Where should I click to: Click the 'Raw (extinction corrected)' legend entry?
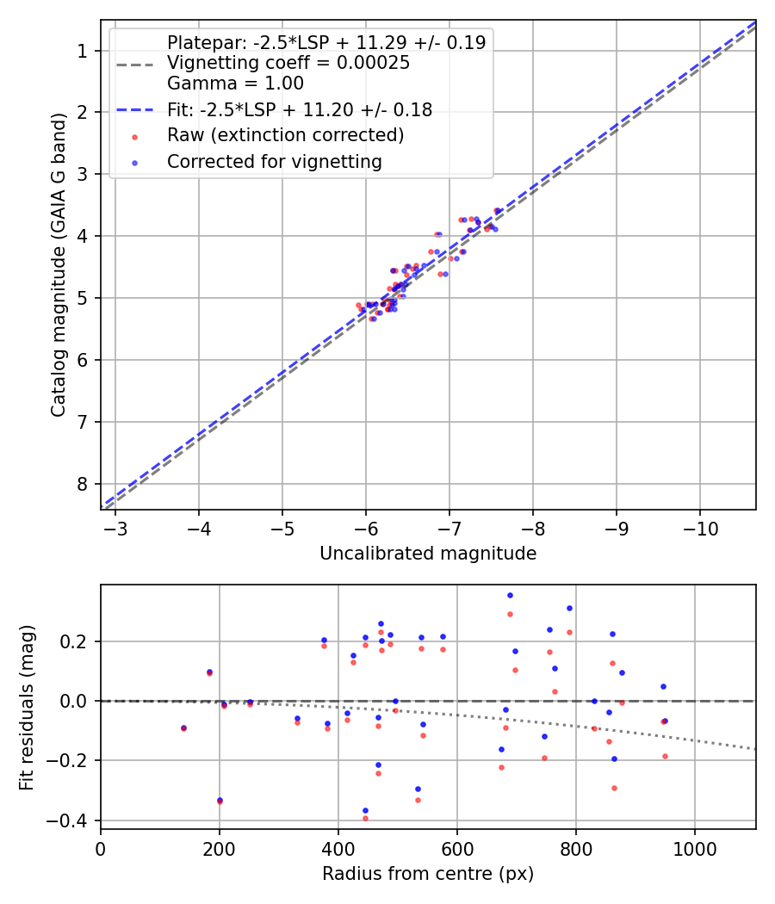point(285,135)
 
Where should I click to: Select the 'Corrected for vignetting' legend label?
point(274,162)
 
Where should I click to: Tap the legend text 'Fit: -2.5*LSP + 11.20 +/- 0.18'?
point(299,109)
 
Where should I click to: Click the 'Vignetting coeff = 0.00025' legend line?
point(288,63)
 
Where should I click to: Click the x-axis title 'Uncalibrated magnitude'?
point(428,554)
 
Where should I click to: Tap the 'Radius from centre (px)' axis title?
point(428,874)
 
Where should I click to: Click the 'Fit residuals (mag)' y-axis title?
point(27,706)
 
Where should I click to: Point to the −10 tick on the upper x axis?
point(700,527)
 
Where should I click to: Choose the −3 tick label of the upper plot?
point(115,527)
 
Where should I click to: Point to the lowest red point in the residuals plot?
point(365,818)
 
